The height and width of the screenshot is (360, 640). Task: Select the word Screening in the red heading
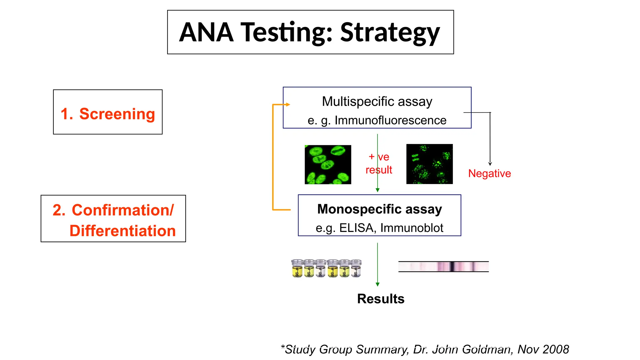(117, 114)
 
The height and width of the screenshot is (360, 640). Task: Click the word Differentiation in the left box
(122, 231)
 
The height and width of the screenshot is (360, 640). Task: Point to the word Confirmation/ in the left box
(122, 210)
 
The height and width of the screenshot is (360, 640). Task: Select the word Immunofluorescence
(390, 120)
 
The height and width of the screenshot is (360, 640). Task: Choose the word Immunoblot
(412, 228)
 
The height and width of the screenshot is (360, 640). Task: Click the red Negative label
(489, 173)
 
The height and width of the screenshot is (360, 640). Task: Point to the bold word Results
(381, 299)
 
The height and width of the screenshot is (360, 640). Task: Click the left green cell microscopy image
(328, 164)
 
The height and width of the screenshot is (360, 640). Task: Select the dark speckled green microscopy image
(429, 164)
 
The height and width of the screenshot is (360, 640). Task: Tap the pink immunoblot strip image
(443, 267)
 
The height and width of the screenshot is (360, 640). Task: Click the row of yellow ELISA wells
(326, 268)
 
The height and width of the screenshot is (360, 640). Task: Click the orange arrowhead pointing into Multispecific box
(288, 105)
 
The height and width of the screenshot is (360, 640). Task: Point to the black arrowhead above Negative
(490, 164)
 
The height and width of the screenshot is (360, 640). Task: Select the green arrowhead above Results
(377, 284)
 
